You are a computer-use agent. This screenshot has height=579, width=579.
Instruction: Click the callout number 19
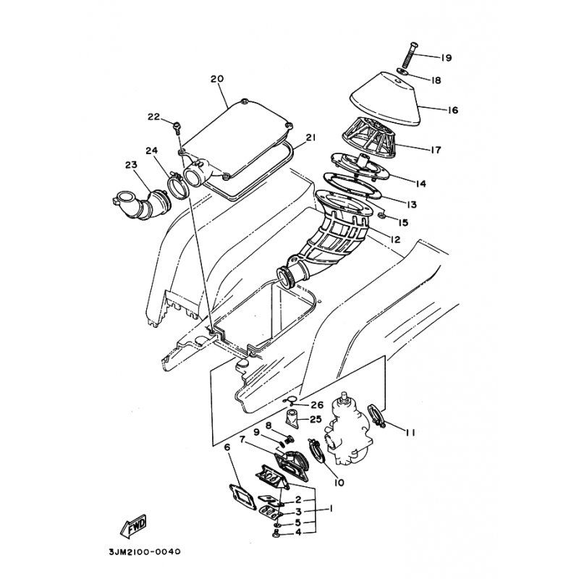pyautogui.click(x=446, y=58)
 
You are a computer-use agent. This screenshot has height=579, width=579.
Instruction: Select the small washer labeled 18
pyautogui.click(x=402, y=70)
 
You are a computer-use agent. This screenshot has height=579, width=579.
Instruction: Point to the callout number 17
pyautogui.click(x=436, y=150)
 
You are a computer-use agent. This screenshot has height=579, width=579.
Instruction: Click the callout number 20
pyautogui.click(x=217, y=79)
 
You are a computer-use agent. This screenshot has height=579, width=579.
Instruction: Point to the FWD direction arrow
pyautogui.click(x=134, y=526)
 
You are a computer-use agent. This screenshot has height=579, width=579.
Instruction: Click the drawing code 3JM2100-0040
pyautogui.click(x=145, y=552)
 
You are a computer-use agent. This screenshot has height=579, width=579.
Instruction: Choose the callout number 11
pyautogui.click(x=410, y=432)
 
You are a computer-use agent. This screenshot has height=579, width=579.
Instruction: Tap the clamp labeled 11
pyautogui.click(x=376, y=416)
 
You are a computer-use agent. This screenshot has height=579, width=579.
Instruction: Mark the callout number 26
pyautogui.click(x=317, y=405)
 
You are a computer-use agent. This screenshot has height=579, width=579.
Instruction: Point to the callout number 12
pyautogui.click(x=394, y=240)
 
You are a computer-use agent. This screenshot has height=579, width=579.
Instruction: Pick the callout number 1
pyautogui.click(x=331, y=509)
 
